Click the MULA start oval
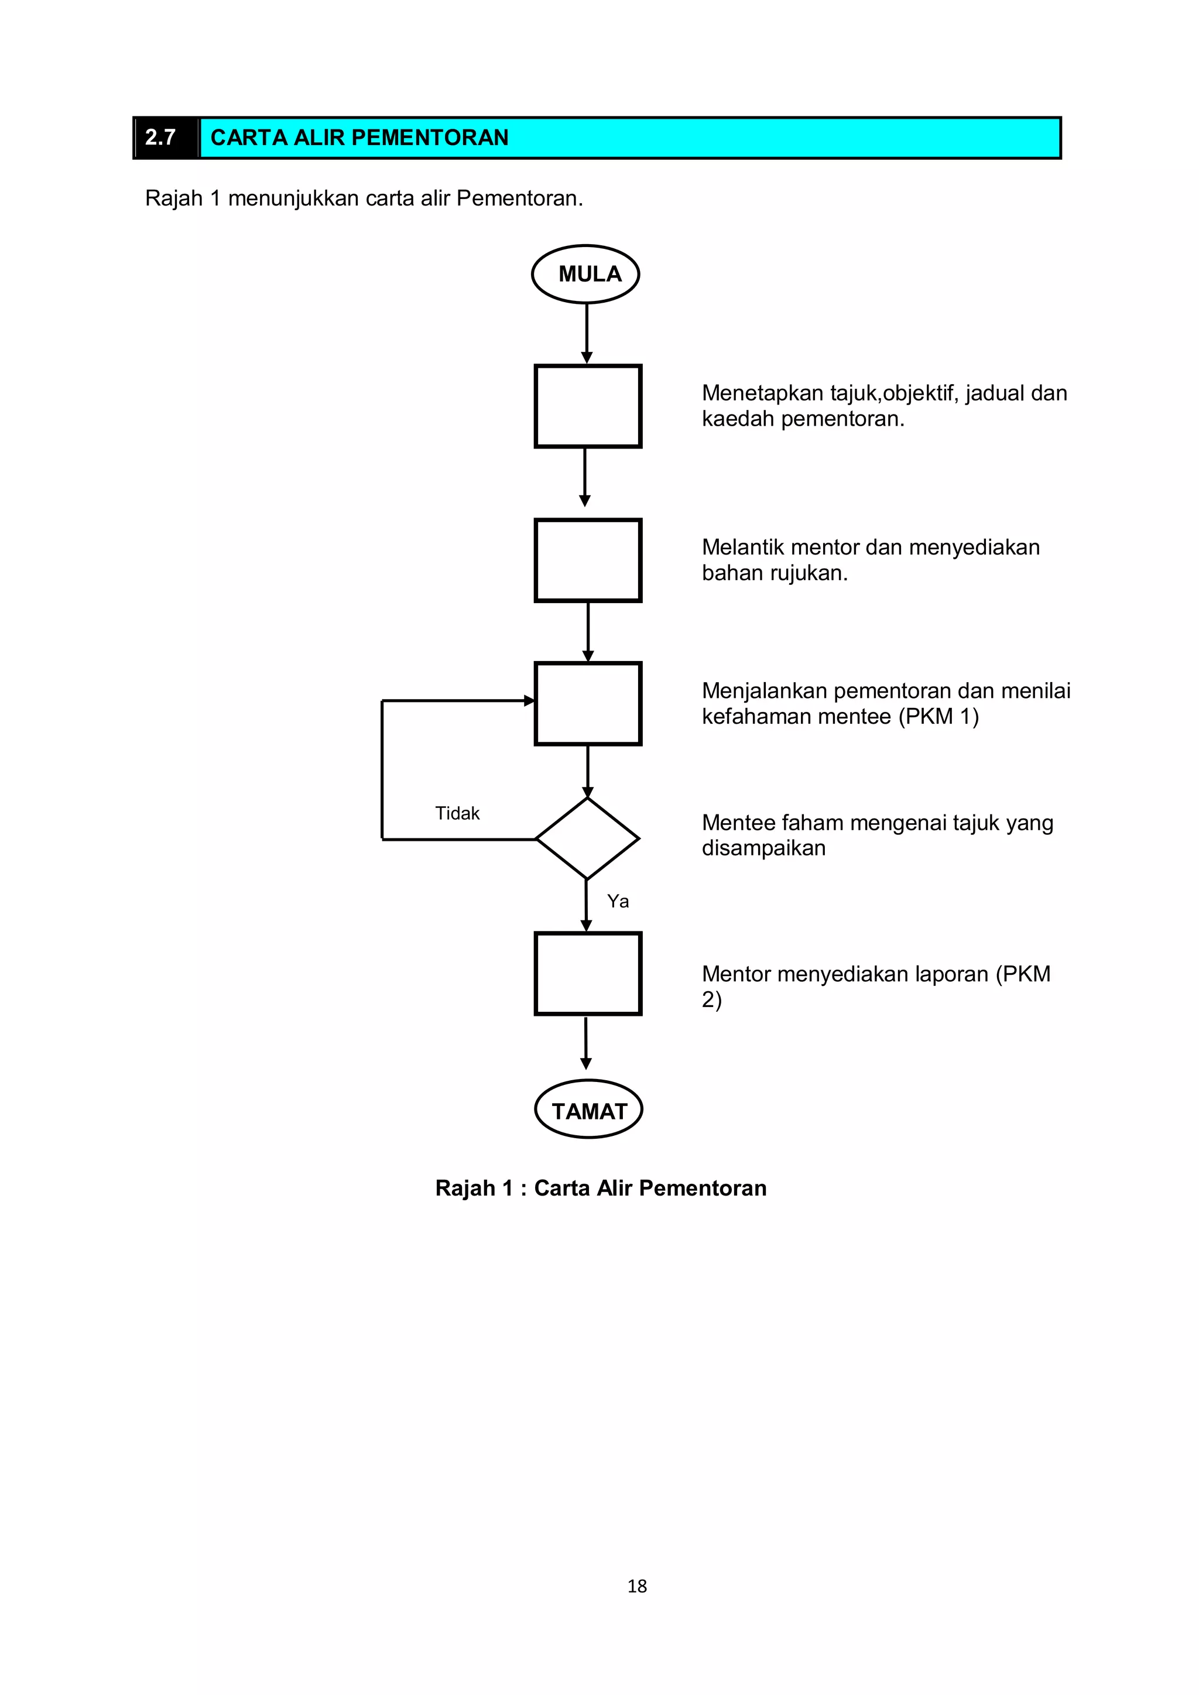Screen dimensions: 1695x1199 [x=585, y=274]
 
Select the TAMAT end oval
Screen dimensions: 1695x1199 [x=588, y=1111]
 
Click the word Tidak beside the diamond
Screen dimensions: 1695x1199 [x=457, y=813]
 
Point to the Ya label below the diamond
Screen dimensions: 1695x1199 [x=618, y=902]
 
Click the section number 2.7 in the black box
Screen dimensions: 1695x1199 [x=161, y=138]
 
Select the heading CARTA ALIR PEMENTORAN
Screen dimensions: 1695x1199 [x=359, y=138]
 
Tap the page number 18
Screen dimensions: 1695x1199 [x=636, y=1586]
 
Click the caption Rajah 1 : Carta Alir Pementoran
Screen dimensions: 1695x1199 [x=601, y=1188]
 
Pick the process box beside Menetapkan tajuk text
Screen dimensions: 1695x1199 [x=588, y=406]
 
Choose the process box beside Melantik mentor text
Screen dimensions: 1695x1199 [x=588, y=560]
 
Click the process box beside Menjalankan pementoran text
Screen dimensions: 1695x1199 [x=588, y=704]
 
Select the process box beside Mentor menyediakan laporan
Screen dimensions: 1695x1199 [x=588, y=974]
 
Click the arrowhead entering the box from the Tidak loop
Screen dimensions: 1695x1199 [x=529, y=701]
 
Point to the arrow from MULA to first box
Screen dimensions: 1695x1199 [x=587, y=332]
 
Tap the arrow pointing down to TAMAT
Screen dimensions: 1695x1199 [x=585, y=1045]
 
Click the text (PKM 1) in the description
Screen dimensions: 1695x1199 [x=938, y=717]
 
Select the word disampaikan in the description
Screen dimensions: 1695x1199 [x=763, y=848]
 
